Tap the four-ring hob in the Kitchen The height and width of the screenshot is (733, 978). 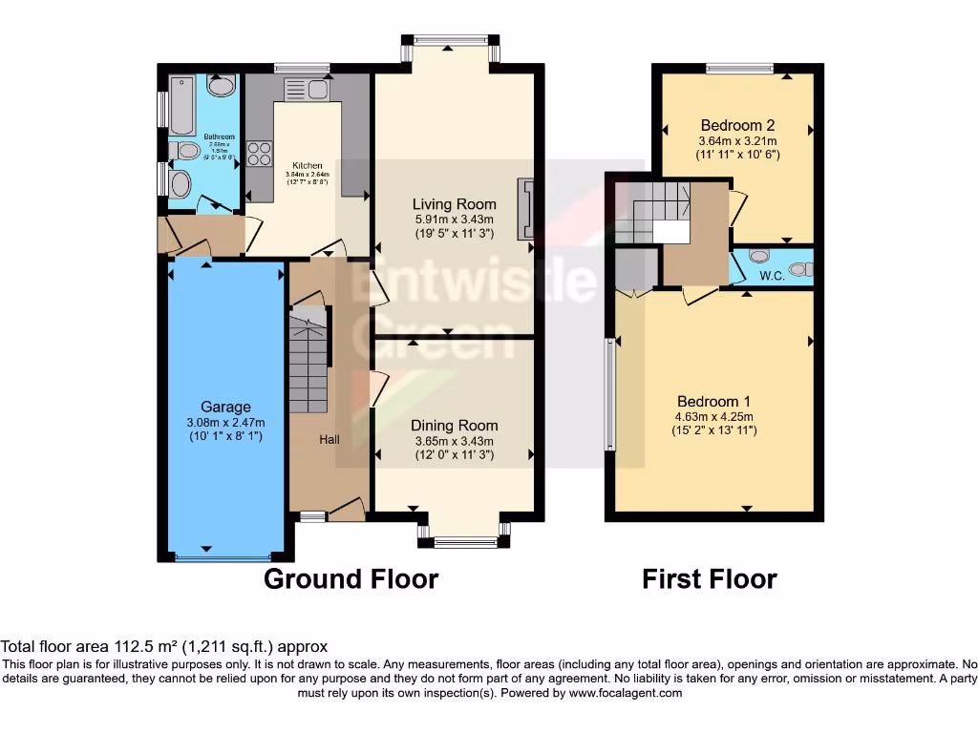click(260, 154)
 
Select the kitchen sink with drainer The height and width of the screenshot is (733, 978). click(306, 89)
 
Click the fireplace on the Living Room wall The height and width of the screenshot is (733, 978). click(524, 208)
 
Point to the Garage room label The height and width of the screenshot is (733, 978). click(225, 407)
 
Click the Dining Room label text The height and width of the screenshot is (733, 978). click(454, 426)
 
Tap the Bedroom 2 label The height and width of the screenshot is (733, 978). click(736, 125)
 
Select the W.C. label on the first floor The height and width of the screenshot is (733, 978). click(772, 277)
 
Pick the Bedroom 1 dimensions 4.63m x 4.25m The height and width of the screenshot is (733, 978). click(714, 416)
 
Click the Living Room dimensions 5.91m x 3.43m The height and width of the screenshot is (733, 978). click(454, 219)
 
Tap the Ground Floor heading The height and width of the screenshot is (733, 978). click(351, 578)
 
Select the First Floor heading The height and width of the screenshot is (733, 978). click(709, 578)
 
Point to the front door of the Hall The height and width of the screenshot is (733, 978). click(346, 511)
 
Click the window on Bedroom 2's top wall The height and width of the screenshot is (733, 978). click(739, 68)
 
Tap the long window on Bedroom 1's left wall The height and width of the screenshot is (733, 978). click(608, 393)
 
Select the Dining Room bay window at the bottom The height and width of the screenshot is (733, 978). click(465, 542)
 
